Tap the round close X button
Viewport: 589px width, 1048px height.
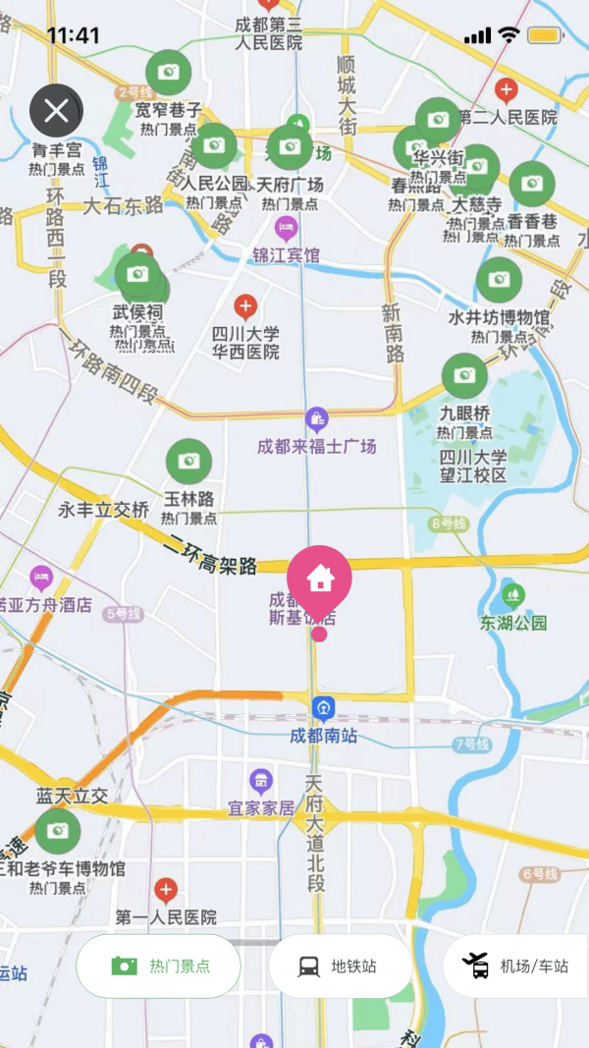tap(56, 111)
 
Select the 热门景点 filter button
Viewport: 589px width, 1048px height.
tap(158, 965)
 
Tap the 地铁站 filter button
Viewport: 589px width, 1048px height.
tap(340, 965)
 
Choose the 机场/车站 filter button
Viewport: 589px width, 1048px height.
tap(518, 965)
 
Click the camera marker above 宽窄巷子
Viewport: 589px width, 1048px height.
tap(169, 73)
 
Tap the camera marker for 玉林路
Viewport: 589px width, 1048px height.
tap(188, 462)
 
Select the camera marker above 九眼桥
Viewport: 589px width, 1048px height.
tap(464, 376)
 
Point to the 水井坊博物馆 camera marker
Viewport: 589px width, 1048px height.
tap(499, 280)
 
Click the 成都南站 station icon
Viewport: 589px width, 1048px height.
tap(323, 708)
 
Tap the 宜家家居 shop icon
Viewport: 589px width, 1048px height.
tap(261, 782)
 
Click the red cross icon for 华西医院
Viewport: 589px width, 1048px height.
tap(245, 306)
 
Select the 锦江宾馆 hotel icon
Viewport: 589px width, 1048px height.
tap(286, 229)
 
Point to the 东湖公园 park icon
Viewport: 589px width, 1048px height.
tap(512, 595)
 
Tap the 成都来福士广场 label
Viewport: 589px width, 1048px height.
tap(316, 447)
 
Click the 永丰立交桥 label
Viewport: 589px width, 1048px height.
tap(103, 510)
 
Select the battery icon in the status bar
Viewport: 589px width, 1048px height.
tap(544, 35)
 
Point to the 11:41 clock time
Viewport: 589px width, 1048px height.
tap(73, 35)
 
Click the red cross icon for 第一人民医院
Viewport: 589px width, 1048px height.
tap(167, 891)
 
